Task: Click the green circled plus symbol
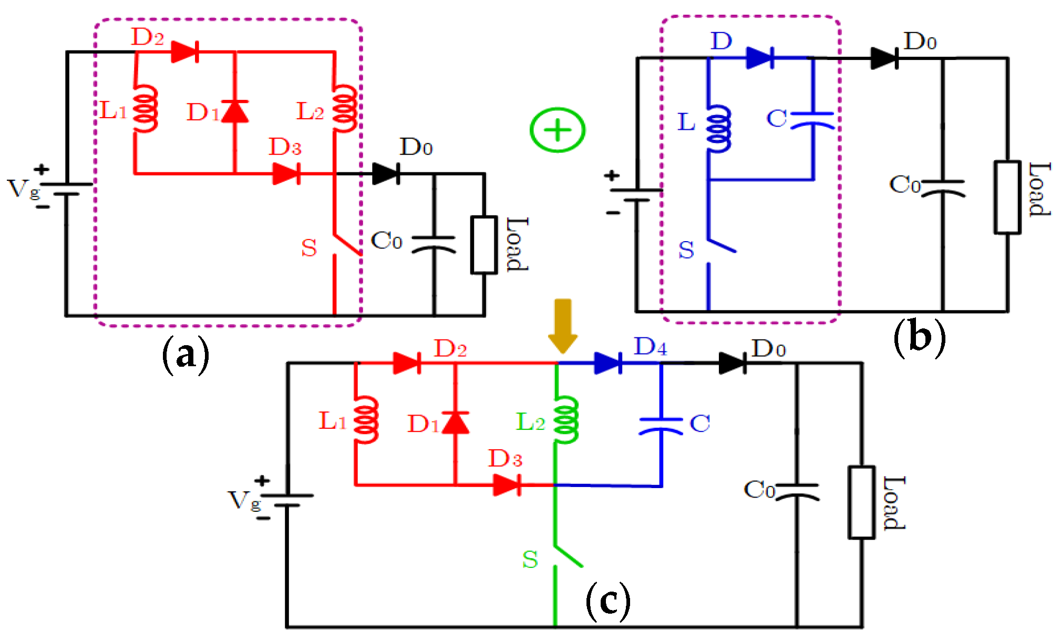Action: [557, 130]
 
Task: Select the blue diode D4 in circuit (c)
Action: [609, 363]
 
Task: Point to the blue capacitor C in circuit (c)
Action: [661, 426]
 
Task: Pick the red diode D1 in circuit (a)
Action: [235, 111]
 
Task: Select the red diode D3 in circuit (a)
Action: [286, 173]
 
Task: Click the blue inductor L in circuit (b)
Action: [718, 129]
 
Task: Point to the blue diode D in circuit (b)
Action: [760, 58]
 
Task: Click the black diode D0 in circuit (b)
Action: [884, 58]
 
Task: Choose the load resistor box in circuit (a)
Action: [483, 245]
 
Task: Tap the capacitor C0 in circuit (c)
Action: [797, 492]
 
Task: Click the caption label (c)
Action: [608, 601]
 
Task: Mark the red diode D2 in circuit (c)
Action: [407, 363]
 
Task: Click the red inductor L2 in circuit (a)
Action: [345, 109]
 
